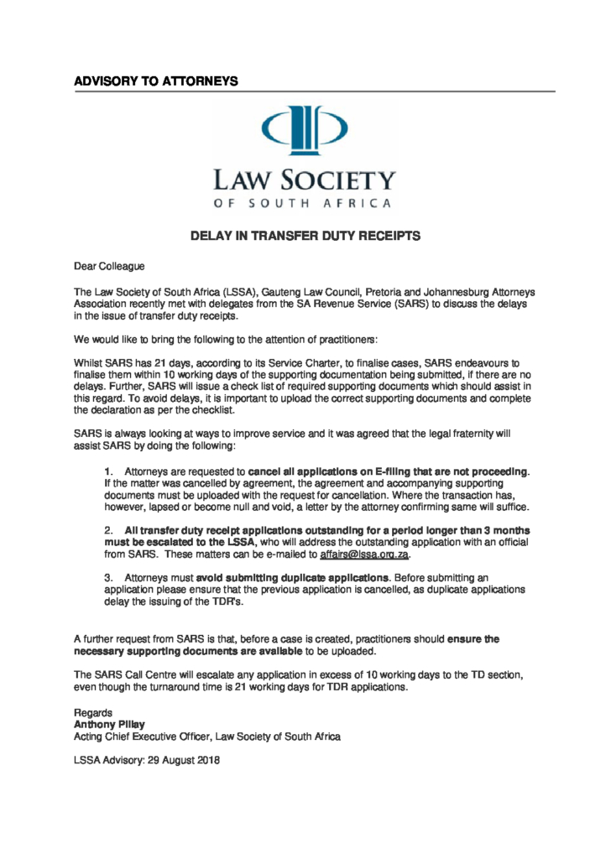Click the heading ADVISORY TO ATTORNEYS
point(156,81)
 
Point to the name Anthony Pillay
point(108,724)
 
